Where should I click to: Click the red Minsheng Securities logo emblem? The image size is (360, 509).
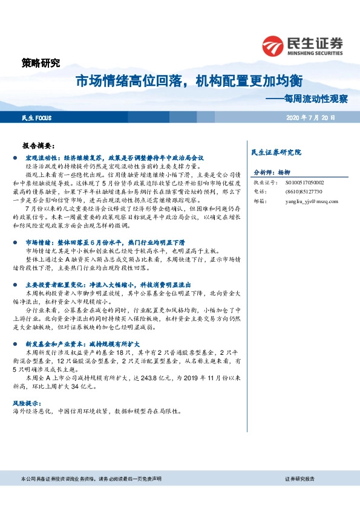(x=273, y=45)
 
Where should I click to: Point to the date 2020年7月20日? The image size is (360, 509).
(x=310, y=117)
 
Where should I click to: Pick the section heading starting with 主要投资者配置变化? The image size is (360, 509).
(x=108, y=284)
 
